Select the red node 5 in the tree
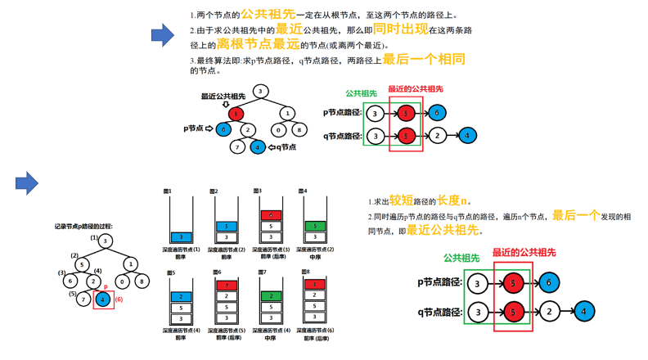pos(236,114)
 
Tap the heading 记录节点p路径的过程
pos(83,226)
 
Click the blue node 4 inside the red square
pos(103,299)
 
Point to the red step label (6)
pos(119,300)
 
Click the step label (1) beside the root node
pos(94,239)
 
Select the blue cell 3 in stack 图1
pos(182,237)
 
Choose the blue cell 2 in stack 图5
pos(182,296)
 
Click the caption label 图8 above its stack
pos(305,272)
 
